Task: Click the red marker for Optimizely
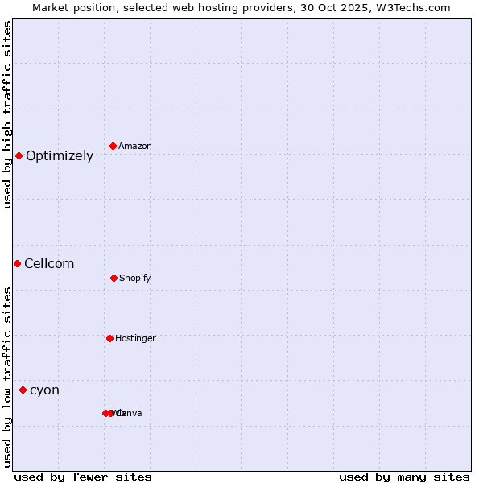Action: (x=19, y=155)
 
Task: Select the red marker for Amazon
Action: (x=114, y=146)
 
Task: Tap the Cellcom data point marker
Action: (x=17, y=263)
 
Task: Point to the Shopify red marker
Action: (x=114, y=278)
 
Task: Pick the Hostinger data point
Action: (x=109, y=338)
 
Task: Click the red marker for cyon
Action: (x=23, y=390)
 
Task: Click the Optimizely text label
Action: (x=60, y=156)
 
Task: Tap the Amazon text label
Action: (x=135, y=147)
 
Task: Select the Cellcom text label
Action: (x=49, y=264)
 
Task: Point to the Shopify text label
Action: (x=135, y=279)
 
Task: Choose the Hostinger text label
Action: (x=135, y=339)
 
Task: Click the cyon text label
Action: (x=44, y=390)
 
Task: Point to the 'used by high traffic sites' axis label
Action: (x=7, y=114)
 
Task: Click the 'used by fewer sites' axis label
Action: (x=83, y=477)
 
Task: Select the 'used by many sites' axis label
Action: (x=404, y=477)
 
